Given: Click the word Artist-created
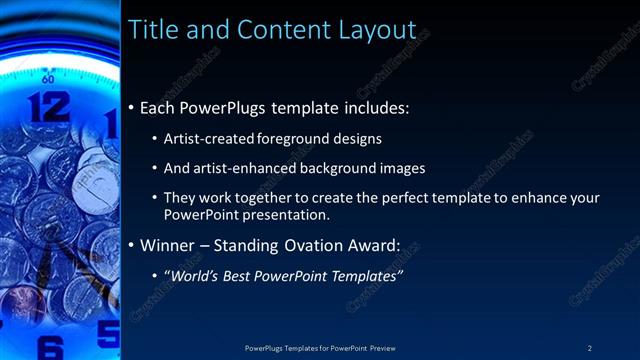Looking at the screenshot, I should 208,138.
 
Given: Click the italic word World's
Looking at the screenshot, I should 193,275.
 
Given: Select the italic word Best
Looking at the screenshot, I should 239,275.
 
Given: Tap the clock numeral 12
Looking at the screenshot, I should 49,106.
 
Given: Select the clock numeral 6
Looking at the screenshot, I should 52,347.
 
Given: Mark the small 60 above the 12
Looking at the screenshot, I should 48,77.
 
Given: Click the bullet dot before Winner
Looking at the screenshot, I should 132,245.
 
